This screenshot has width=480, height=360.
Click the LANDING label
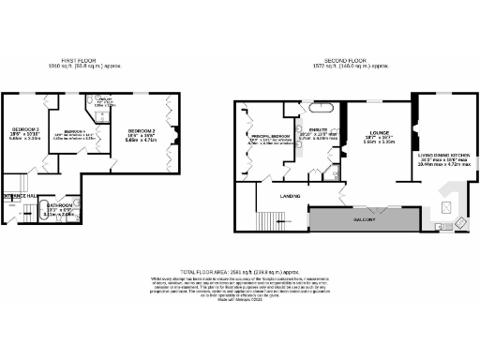coord(291,195)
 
